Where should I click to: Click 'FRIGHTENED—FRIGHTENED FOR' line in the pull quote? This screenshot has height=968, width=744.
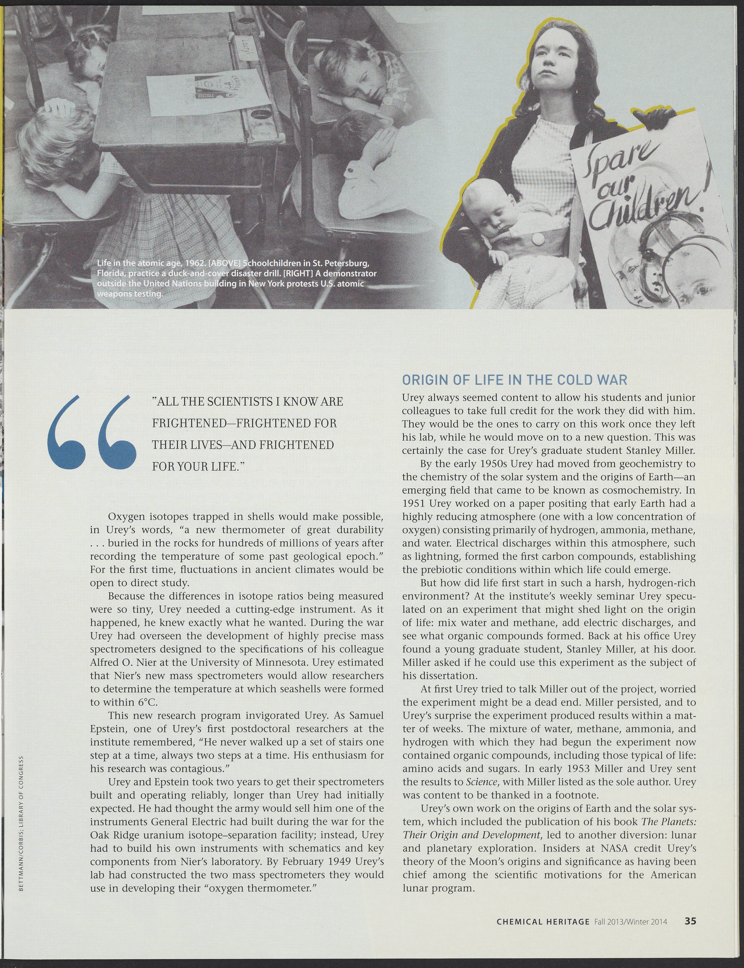click(244, 423)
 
